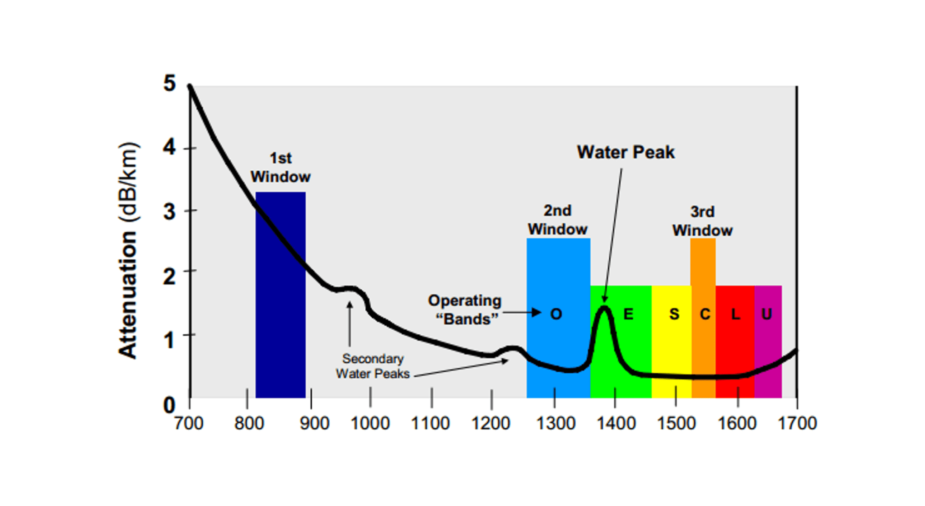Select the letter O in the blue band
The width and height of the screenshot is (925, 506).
pos(556,314)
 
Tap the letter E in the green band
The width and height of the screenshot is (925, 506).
pos(628,314)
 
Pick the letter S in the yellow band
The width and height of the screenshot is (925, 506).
pos(674,314)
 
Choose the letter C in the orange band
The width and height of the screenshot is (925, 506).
pos(705,314)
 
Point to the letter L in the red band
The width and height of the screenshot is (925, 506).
pos(735,314)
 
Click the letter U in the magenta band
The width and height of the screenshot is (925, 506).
pos(766,314)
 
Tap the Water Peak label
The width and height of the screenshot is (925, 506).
pos(626,152)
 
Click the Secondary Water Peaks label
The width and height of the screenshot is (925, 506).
pos(373,366)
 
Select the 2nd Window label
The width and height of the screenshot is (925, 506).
pos(558,220)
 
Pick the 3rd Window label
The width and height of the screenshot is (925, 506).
pos(702,221)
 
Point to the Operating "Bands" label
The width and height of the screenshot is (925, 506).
pos(465,310)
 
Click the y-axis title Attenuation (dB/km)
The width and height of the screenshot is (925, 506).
pos(128,251)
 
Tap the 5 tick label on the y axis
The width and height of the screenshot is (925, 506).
pos(169,84)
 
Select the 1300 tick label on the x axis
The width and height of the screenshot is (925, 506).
pos(556,424)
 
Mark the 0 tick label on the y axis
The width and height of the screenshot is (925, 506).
pos(169,405)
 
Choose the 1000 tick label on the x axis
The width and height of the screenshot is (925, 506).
pos(370,424)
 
